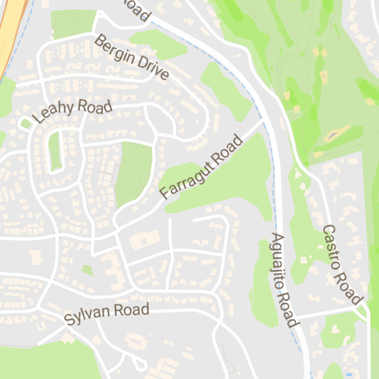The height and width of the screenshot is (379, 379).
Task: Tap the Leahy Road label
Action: (73, 111)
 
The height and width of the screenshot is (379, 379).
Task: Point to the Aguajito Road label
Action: (283, 281)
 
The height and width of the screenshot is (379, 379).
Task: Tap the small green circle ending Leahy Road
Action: (27, 124)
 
